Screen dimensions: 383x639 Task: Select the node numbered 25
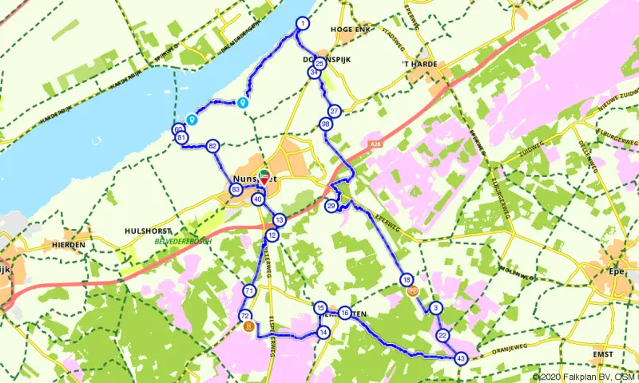[x=319, y=64]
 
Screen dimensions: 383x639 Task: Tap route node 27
[x=335, y=112]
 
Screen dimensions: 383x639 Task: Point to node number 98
[x=325, y=124]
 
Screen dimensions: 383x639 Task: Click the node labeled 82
[x=212, y=146]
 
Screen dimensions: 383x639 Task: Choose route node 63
[x=236, y=190]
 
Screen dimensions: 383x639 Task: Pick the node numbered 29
[x=331, y=206]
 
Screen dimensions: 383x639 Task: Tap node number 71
[x=250, y=291]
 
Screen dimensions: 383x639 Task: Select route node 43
[x=461, y=359]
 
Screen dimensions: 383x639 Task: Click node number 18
[x=407, y=280]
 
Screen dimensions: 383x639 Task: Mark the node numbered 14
[x=323, y=332]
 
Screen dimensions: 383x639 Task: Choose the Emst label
[x=603, y=354]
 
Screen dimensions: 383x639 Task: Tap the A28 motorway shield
[x=375, y=144]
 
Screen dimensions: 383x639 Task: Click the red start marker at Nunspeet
[x=264, y=180]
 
